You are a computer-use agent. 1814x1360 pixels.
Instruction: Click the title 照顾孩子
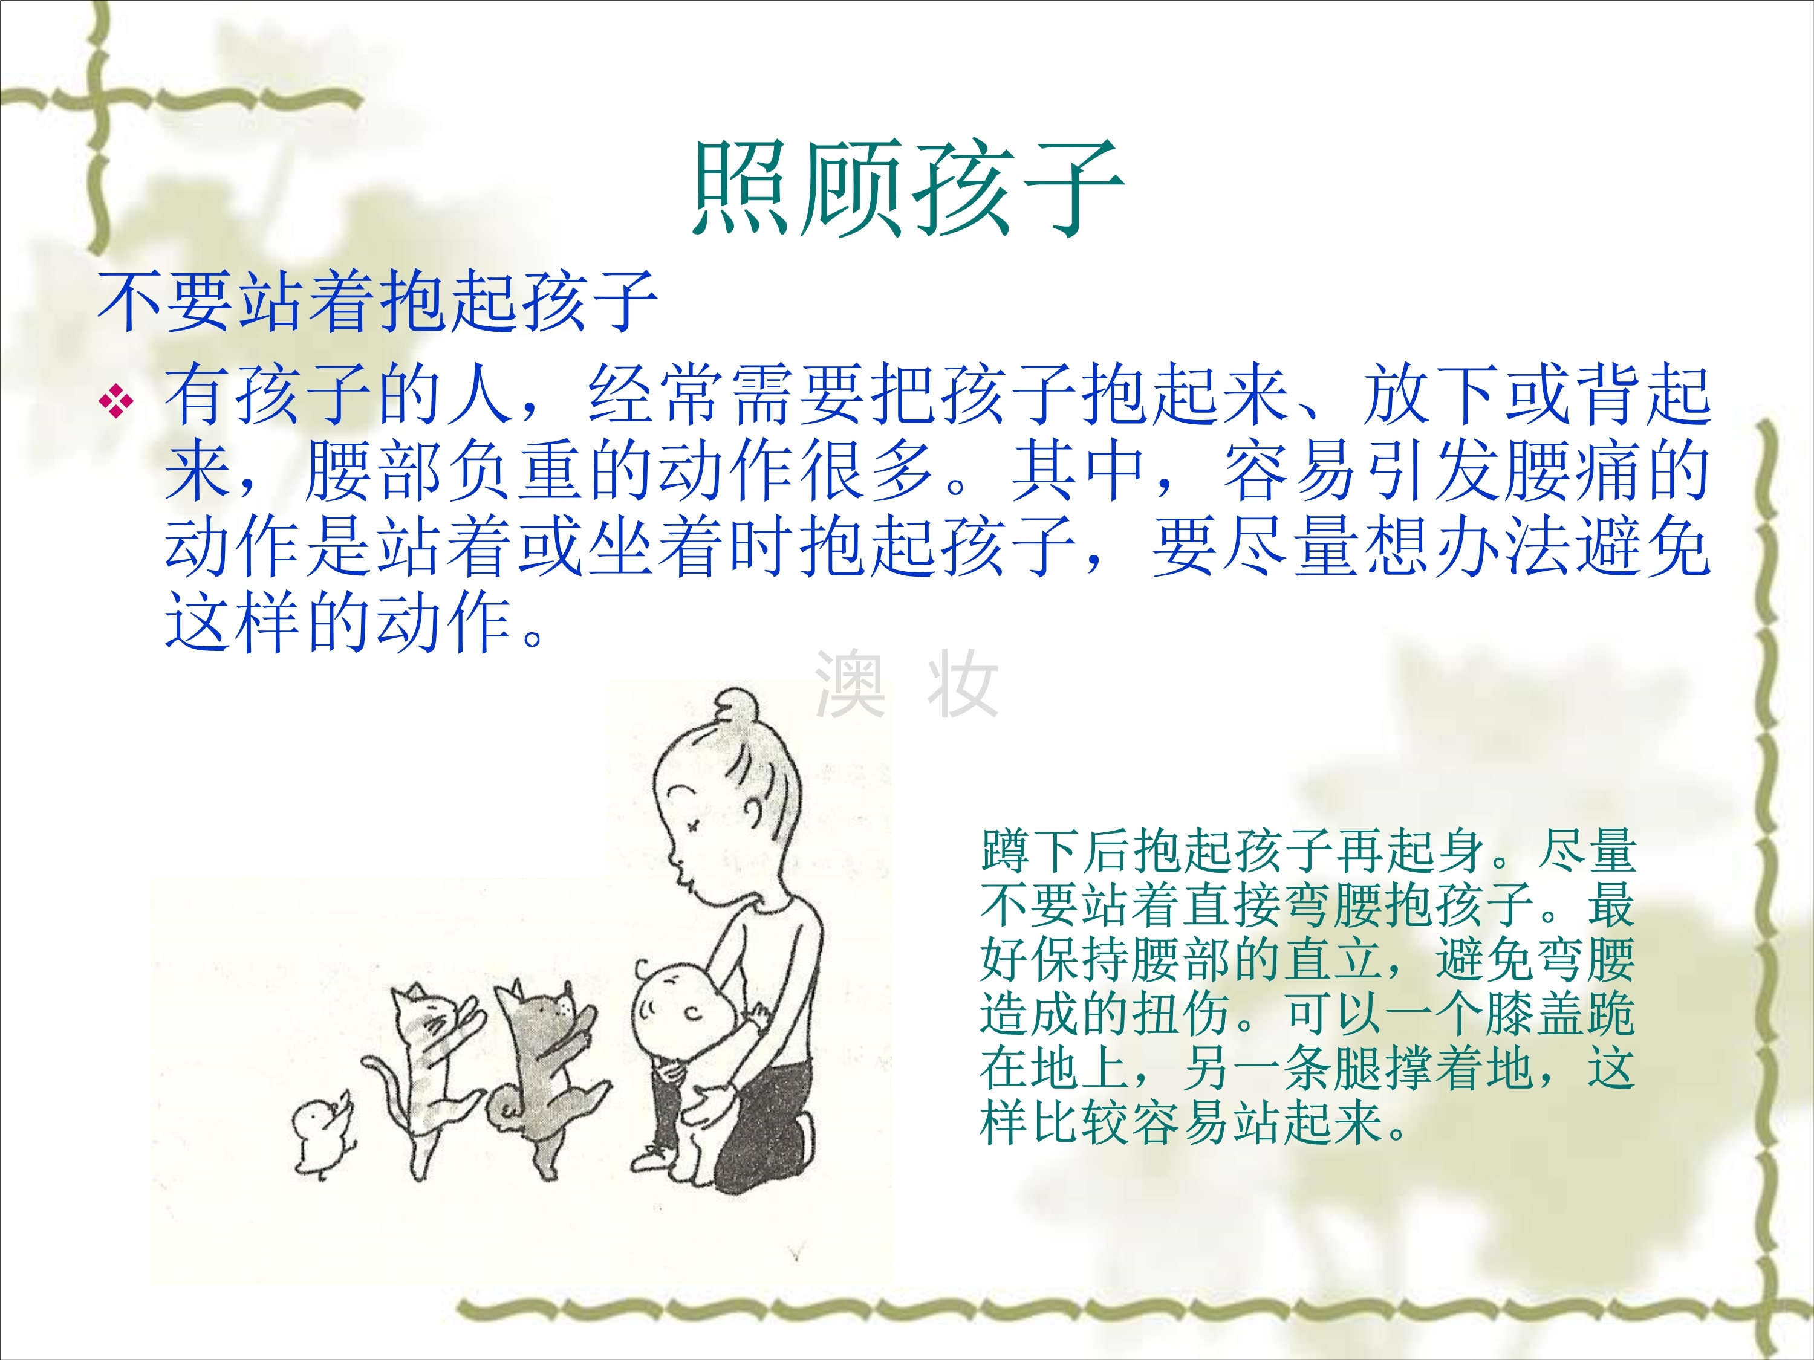click(907, 188)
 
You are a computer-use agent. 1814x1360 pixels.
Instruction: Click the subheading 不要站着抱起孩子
click(377, 302)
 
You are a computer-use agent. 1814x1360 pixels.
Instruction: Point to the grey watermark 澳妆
click(906, 684)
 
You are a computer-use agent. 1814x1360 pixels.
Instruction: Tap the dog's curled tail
click(504, 1107)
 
